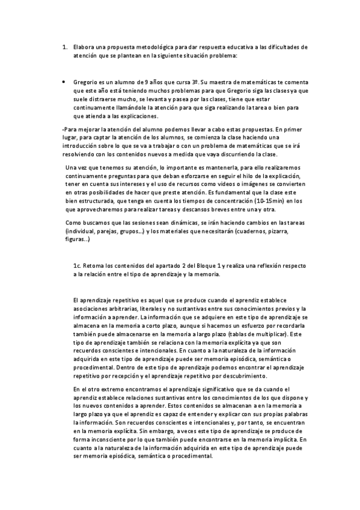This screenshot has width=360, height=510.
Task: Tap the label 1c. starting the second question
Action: pyautogui.click(x=76, y=265)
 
